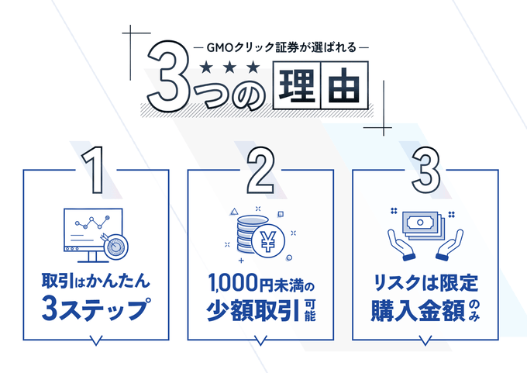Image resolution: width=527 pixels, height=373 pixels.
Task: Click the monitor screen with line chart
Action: [x=87, y=230]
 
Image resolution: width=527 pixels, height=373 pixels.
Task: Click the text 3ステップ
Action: [x=95, y=308]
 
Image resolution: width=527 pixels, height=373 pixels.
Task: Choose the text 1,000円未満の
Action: [x=260, y=281]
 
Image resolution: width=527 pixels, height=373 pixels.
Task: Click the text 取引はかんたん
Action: [x=95, y=280]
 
